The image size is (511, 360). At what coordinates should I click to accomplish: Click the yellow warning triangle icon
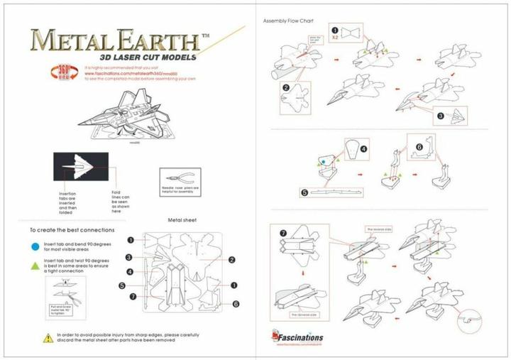coord(48,338)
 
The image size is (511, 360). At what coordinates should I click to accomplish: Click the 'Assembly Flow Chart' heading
coord(288,21)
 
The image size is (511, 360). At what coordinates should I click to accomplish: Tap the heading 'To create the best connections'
coord(72,231)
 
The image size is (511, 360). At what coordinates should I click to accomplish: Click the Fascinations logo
coord(297,336)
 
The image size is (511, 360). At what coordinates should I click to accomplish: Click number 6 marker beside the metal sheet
coord(236,304)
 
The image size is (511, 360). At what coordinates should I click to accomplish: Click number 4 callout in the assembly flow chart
coord(363,150)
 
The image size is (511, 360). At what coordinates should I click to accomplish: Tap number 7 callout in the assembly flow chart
coord(282,233)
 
